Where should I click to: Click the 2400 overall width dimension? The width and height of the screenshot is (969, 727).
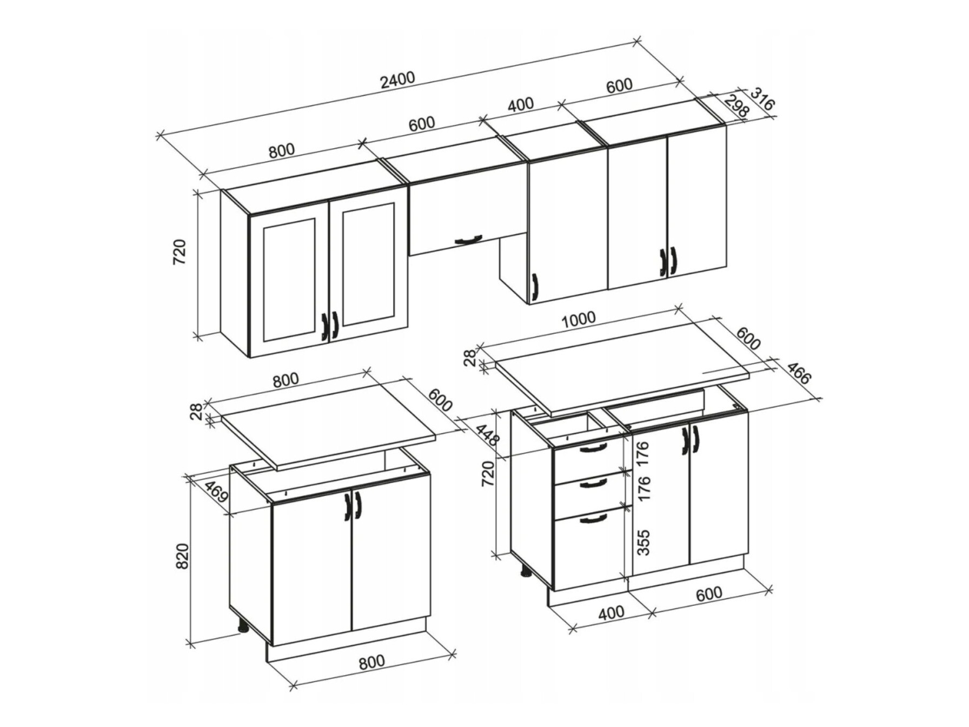(397, 80)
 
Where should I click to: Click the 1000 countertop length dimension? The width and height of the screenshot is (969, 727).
(578, 320)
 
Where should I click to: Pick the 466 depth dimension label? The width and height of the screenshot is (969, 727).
(799, 373)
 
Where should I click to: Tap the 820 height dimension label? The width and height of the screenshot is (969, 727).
(182, 556)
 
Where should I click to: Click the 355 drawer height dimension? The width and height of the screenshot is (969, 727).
(643, 542)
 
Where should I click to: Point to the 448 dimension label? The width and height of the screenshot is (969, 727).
(486, 434)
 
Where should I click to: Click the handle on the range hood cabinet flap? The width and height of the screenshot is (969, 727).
(468, 239)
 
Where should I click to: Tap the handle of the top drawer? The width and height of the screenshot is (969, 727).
(593, 447)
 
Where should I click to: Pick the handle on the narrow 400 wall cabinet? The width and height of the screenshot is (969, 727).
(535, 286)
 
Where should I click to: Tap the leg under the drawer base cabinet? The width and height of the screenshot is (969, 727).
(525, 571)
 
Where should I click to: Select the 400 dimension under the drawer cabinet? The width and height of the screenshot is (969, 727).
(612, 612)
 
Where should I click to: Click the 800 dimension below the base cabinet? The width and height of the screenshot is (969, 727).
(371, 662)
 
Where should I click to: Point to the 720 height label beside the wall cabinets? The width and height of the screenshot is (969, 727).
(180, 252)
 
